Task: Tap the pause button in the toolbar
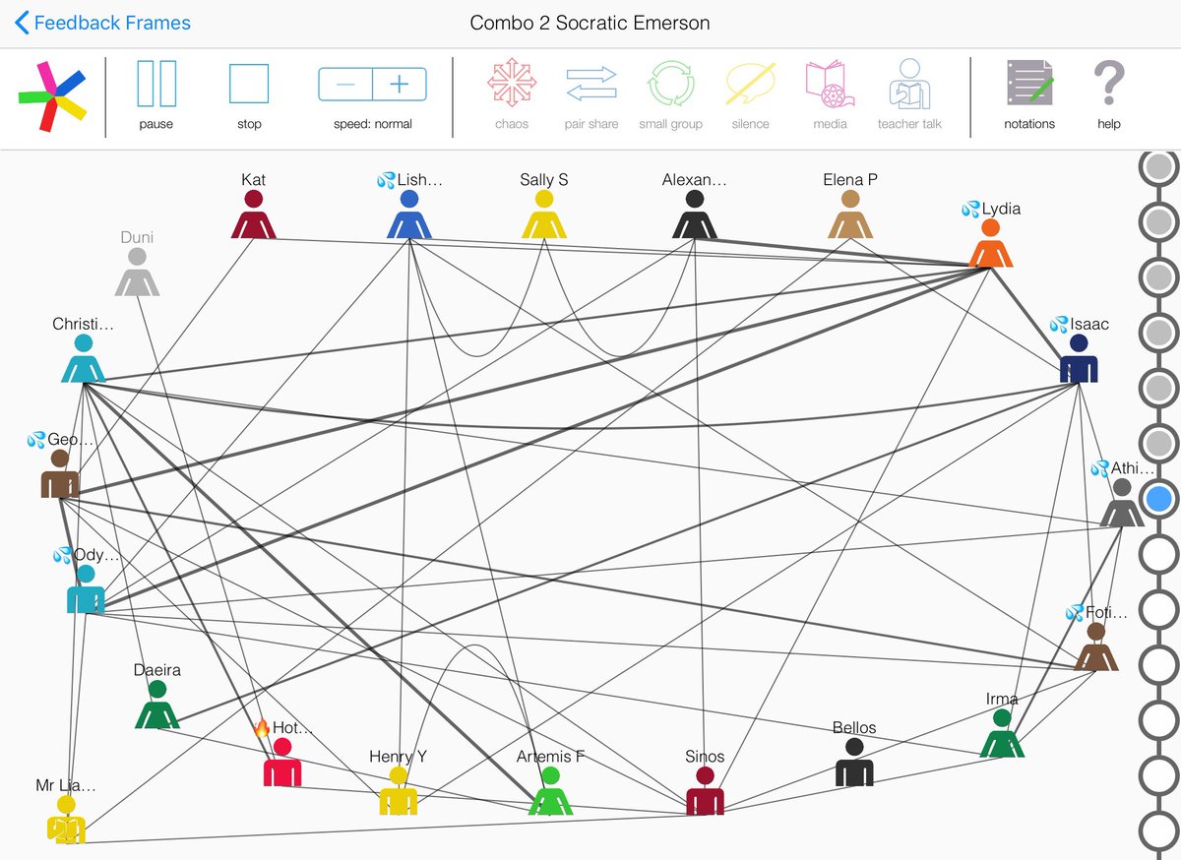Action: pos(155,84)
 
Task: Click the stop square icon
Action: pos(249,84)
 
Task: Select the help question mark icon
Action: pos(1108,84)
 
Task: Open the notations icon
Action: pos(1028,84)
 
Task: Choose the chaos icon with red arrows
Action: pos(512,84)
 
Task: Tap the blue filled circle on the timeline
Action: pos(1159,499)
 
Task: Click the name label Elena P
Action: pos(850,180)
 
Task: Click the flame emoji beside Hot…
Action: pos(262,728)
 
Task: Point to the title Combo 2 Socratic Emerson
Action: pos(590,23)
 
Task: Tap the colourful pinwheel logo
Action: pos(51,95)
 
